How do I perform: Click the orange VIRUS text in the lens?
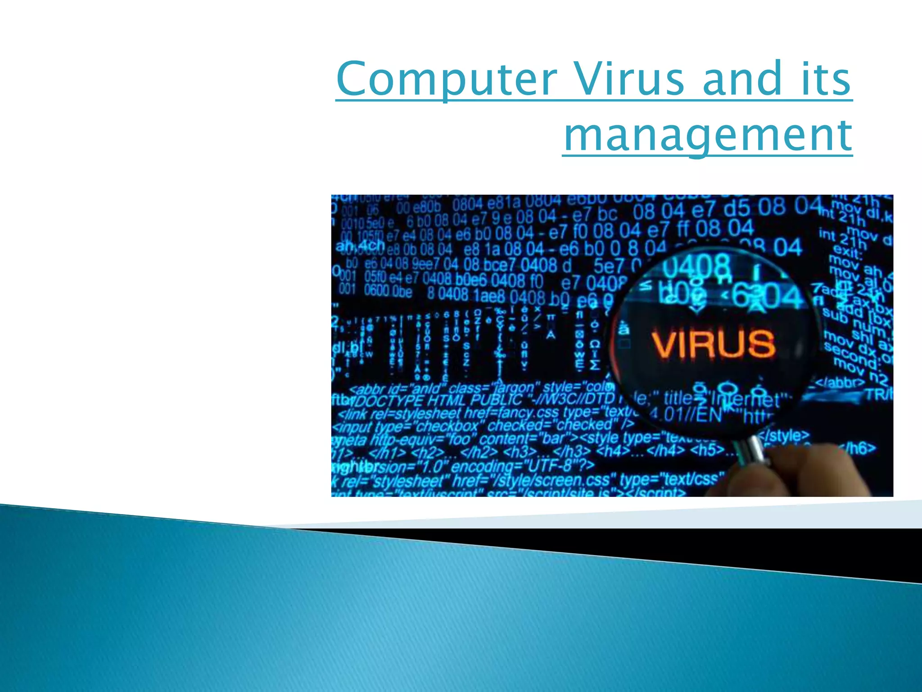(713, 343)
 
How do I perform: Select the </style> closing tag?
(783, 436)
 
